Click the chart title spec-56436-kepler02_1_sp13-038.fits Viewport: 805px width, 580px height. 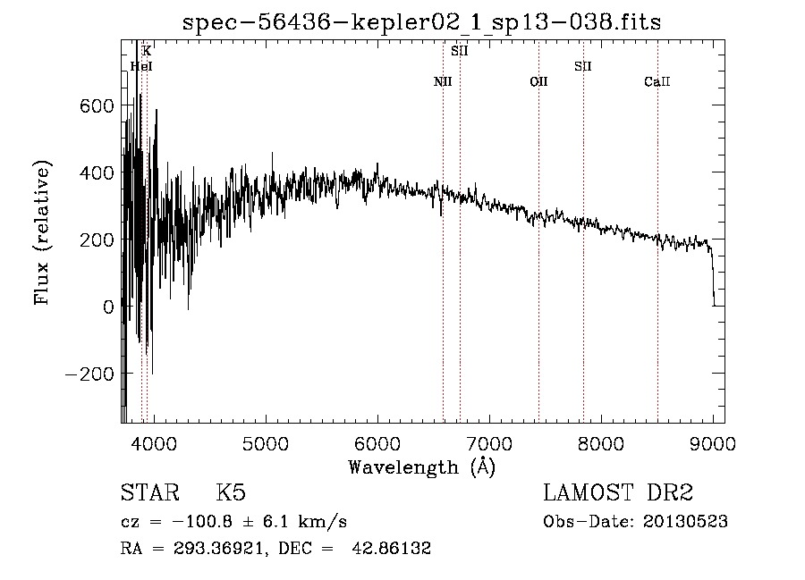421,22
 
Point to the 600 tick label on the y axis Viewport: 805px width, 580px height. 97,106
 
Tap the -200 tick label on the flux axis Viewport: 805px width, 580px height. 89,374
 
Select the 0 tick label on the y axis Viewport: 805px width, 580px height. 108,307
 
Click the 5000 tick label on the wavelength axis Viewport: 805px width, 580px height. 266,443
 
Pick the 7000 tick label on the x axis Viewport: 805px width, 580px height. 489,443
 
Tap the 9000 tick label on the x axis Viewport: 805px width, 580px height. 713,443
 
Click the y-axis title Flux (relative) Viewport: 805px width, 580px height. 42,233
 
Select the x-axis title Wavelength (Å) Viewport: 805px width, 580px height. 422,467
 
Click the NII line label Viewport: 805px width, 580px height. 443,81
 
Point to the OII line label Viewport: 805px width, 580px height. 538,81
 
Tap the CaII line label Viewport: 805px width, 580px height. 657,81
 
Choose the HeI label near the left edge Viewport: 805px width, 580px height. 141,66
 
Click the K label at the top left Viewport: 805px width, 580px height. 147,51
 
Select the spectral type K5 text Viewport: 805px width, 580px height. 231,492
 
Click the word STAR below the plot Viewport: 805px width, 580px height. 150,492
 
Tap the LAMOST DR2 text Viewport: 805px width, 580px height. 618,492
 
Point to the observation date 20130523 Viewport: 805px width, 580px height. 685,522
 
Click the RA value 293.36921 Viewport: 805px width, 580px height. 218,548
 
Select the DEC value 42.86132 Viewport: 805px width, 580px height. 391,548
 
